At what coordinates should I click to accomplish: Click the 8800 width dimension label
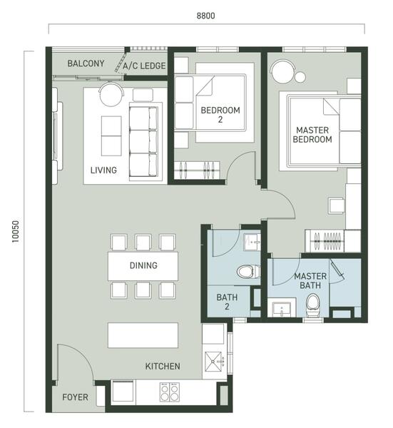tap(206, 16)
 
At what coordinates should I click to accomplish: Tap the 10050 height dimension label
tap(16, 231)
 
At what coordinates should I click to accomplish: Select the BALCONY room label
tap(86, 63)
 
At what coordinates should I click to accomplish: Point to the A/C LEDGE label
tap(144, 66)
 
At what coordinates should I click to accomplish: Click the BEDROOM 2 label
tap(220, 115)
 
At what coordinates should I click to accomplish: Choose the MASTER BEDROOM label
tap(312, 135)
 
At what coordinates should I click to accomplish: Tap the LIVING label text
tap(103, 170)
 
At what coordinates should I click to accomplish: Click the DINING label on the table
tap(143, 265)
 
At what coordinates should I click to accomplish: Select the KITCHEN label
tap(163, 366)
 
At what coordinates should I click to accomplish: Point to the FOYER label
tap(75, 397)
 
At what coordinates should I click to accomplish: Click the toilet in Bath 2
tap(247, 272)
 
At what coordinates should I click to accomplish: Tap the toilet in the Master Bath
tap(312, 305)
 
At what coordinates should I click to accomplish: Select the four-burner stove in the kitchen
tap(170, 392)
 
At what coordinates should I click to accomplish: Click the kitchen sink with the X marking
tap(215, 362)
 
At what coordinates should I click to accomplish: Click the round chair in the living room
tap(111, 94)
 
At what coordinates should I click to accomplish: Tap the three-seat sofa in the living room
tap(143, 142)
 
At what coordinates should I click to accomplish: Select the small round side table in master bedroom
tap(300, 77)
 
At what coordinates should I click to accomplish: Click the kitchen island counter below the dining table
tap(143, 335)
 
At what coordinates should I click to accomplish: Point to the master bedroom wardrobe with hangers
tap(325, 241)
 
